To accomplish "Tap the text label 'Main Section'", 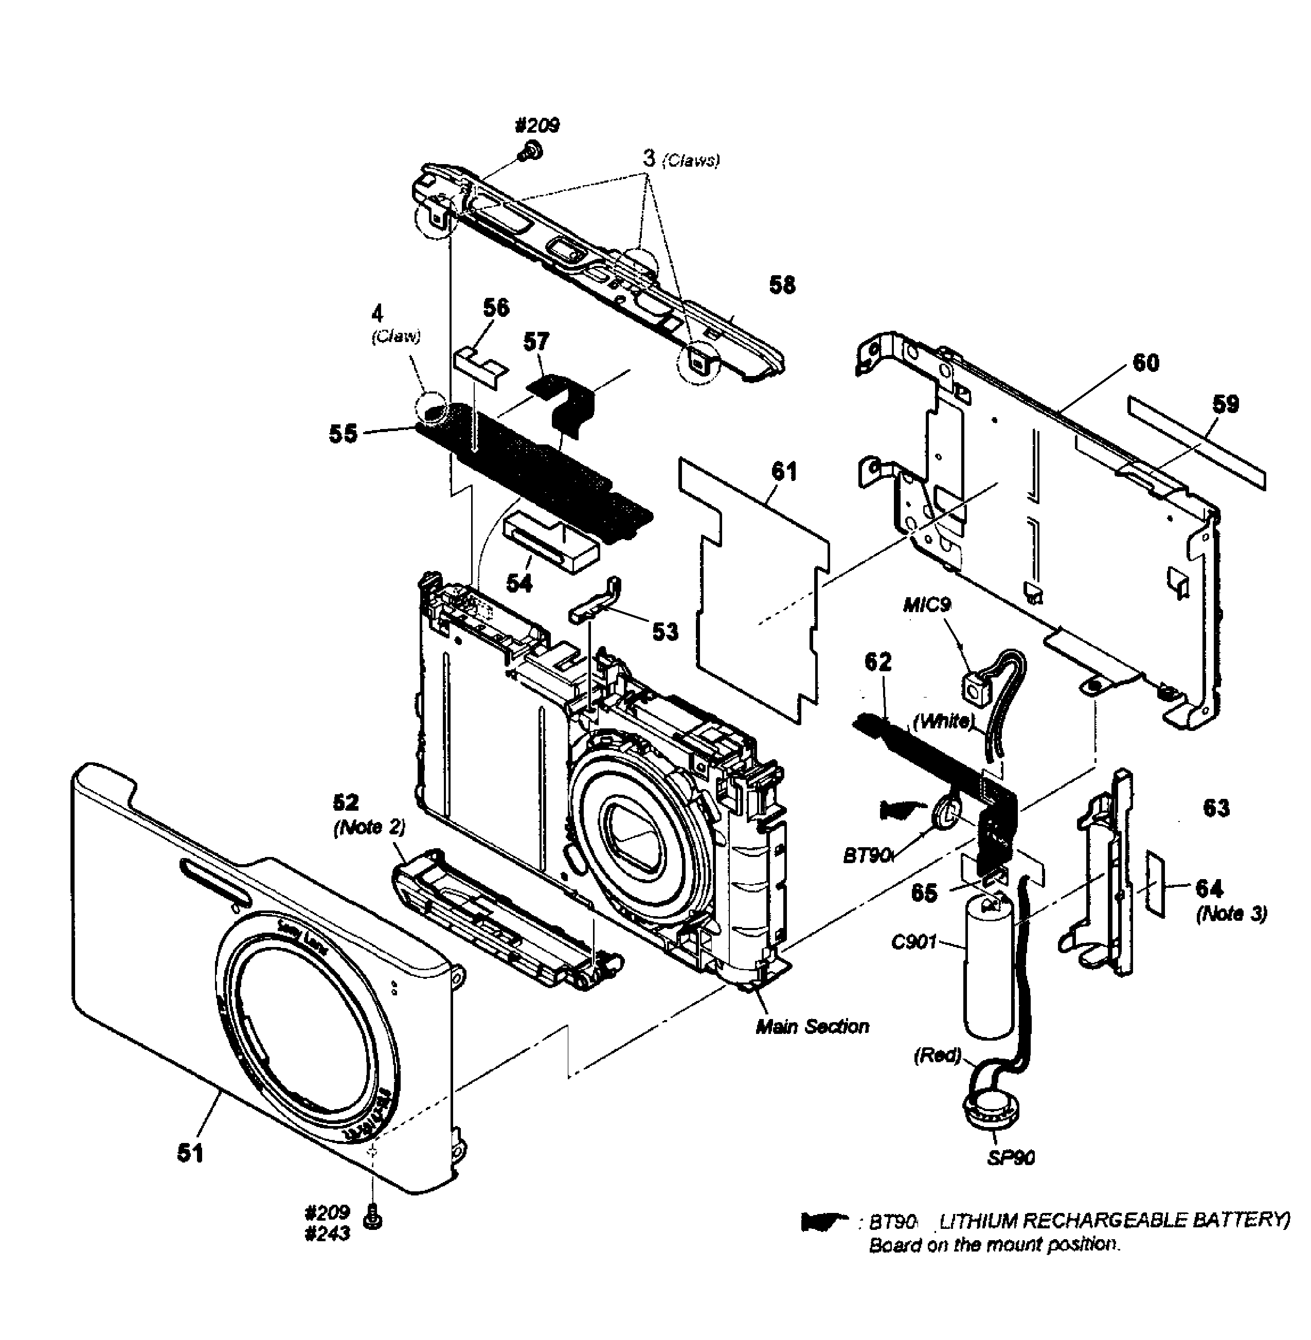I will tap(813, 1027).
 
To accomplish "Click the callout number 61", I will tap(784, 472).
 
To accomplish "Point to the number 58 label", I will tap(782, 285).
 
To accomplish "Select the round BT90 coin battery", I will tap(947, 811).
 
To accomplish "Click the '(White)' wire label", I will tap(944, 721).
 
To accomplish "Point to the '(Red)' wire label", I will tap(937, 1055).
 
